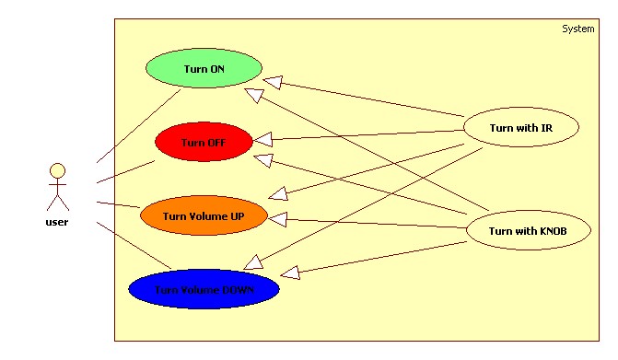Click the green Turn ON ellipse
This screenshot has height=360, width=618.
(204, 69)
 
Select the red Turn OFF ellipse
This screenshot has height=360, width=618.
(204, 142)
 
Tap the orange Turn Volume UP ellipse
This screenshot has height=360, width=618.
(204, 215)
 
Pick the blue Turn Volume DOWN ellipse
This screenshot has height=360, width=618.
(204, 289)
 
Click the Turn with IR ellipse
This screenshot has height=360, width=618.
(521, 128)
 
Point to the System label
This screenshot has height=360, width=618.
(577, 29)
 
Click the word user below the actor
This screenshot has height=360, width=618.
(57, 222)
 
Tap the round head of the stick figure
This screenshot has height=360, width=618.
(57, 170)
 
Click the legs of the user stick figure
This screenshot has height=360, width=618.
(57, 204)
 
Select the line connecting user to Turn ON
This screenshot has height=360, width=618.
(138, 127)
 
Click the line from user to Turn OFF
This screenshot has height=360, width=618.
(124, 171)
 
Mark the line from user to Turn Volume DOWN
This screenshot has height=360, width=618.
(134, 245)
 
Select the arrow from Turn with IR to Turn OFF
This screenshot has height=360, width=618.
(368, 134)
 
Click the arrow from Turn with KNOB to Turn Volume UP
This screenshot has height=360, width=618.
(378, 223)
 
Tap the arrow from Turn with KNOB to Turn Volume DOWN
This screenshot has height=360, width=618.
(378, 258)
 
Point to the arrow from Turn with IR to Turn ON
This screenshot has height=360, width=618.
(368, 99)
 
